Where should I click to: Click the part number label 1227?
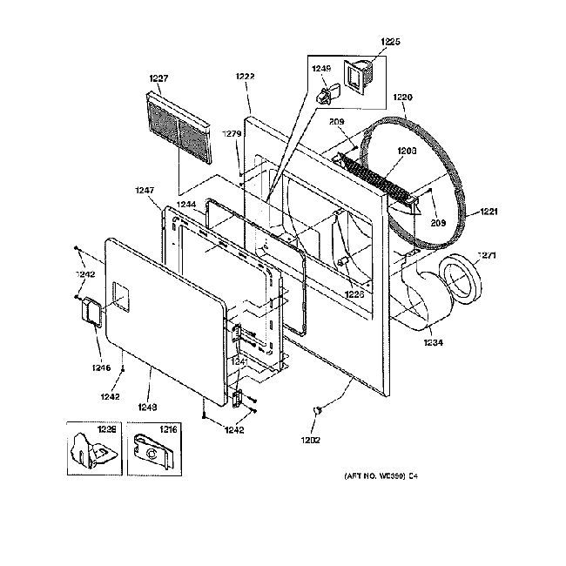click(x=158, y=78)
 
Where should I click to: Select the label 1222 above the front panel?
click(x=245, y=77)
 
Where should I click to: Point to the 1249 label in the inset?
click(x=322, y=68)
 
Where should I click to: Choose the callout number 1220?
click(x=403, y=98)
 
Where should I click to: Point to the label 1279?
click(x=232, y=134)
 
